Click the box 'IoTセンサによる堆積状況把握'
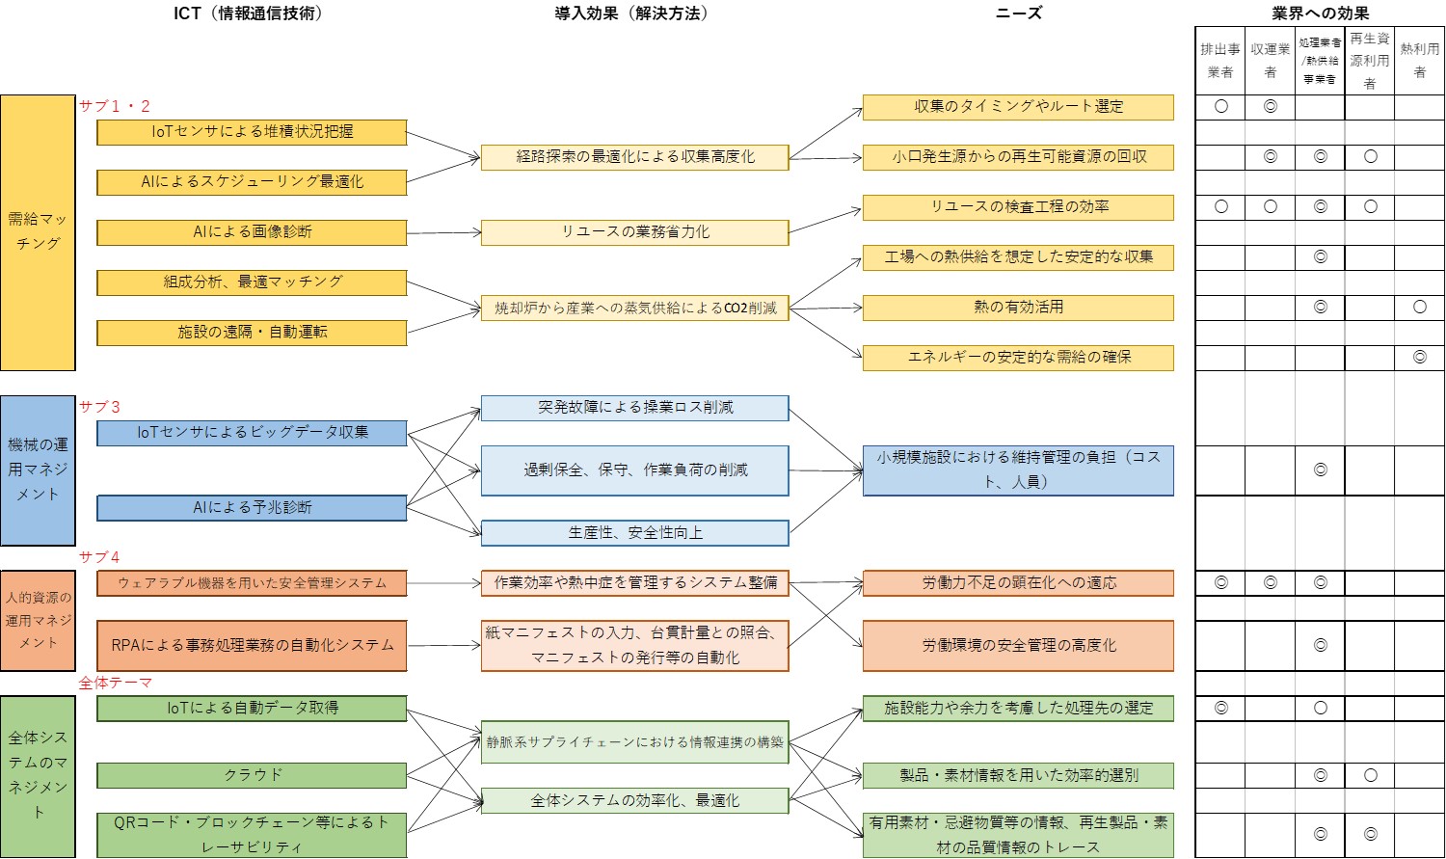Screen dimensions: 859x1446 (x=252, y=132)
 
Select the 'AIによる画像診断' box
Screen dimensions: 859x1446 (x=252, y=232)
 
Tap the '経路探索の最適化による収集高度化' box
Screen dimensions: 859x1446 (x=634, y=157)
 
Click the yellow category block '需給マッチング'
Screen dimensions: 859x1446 (x=38, y=232)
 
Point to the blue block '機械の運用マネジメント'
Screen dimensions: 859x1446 (x=38, y=470)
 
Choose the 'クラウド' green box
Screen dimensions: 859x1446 (x=252, y=775)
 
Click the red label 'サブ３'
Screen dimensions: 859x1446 (x=99, y=407)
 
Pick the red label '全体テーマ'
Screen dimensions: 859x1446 (x=115, y=683)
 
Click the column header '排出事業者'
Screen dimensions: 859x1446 (x=1219, y=60)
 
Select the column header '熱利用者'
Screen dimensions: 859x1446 (x=1419, y=60)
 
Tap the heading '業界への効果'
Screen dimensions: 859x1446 (x=1320, y=13)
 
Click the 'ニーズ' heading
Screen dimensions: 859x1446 (x=1018, y=13)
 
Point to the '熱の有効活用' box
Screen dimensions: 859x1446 (x=1018, y=308)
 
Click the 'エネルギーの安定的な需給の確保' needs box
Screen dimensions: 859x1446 (x=1018, y=358)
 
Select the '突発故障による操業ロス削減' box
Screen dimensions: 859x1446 (x=634, y=408)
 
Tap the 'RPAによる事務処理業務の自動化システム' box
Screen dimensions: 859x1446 (x=252, y=645)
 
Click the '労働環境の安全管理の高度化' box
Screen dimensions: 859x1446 (x=1018, y=645)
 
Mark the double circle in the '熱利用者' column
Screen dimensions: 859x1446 (x=1419, y=358)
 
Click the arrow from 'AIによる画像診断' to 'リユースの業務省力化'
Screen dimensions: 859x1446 (x=443, y=232)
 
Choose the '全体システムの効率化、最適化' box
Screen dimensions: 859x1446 (x=634, y=800)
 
